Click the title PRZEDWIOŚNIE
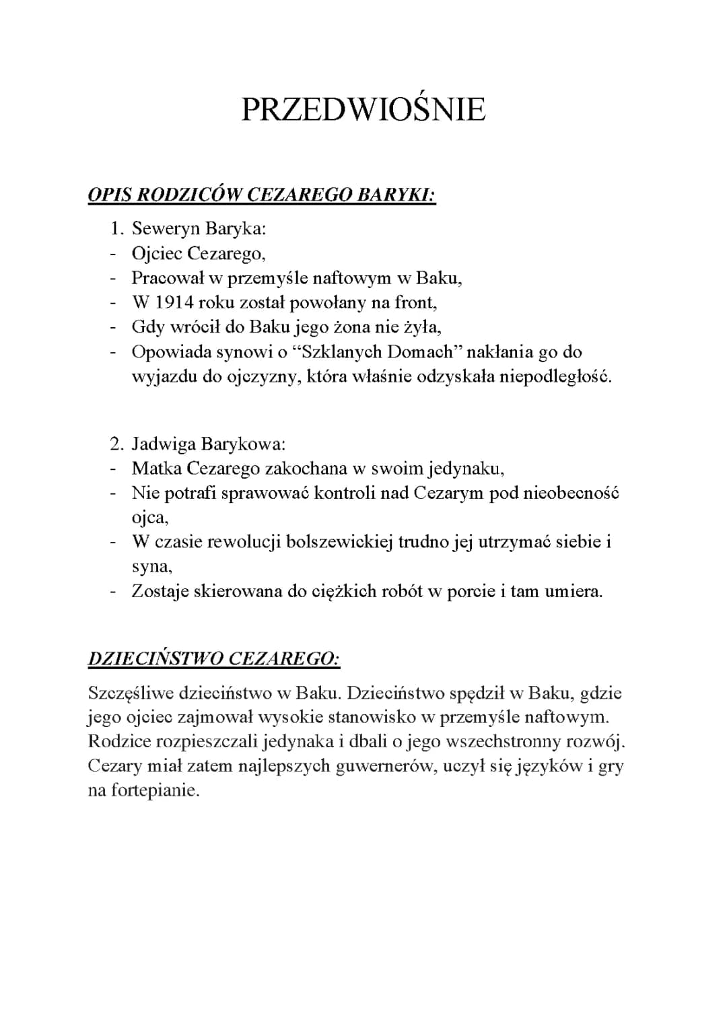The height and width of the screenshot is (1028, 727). coord(363,110)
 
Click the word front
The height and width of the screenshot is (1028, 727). coord(415,302)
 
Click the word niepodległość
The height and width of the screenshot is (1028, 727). coord(555,376)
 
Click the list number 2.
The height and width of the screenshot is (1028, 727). coord(116,444)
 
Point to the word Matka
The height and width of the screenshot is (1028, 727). coord(156,469)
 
